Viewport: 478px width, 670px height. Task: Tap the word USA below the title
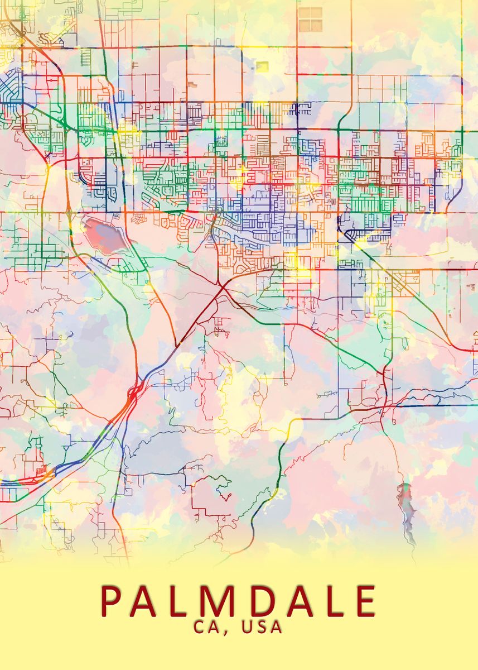tap(262, 627)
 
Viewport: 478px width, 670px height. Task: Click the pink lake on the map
tap(104, 234)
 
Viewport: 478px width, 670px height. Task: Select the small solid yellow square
tap(262, 66)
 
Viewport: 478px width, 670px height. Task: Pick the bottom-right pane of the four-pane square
tap(316, 26)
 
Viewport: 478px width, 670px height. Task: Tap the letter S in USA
tap(262, 627)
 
